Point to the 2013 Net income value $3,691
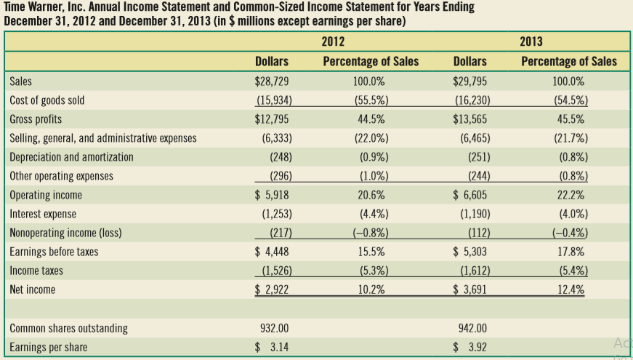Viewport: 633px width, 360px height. (x=470, y=289)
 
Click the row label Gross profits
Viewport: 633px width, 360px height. (x=36, y=119)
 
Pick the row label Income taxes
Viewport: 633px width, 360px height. (x=36, y=271)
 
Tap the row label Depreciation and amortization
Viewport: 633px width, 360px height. (x=71, y=156)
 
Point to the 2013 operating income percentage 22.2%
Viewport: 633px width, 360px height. (x=569, y=195)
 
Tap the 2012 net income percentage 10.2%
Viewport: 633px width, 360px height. (x=371, y=289)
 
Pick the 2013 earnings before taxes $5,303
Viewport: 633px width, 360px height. (x=470, y=252)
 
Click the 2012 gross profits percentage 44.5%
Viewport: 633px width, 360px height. (x=371, y=119)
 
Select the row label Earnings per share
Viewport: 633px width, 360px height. (x=48, y=347)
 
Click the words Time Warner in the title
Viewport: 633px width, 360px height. (x=35, y=7)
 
